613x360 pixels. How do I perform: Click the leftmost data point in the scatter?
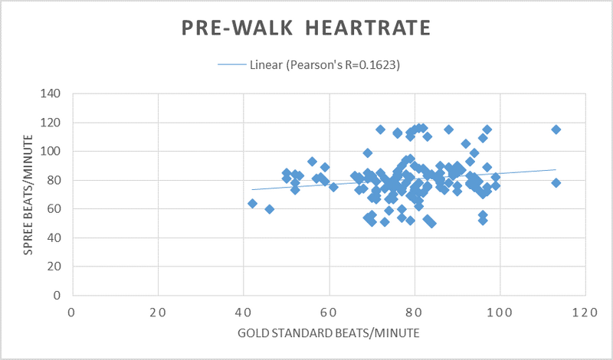coord(252,203)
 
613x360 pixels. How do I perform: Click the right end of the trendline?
coord(556,170)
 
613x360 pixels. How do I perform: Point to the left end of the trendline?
coord(252,189)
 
